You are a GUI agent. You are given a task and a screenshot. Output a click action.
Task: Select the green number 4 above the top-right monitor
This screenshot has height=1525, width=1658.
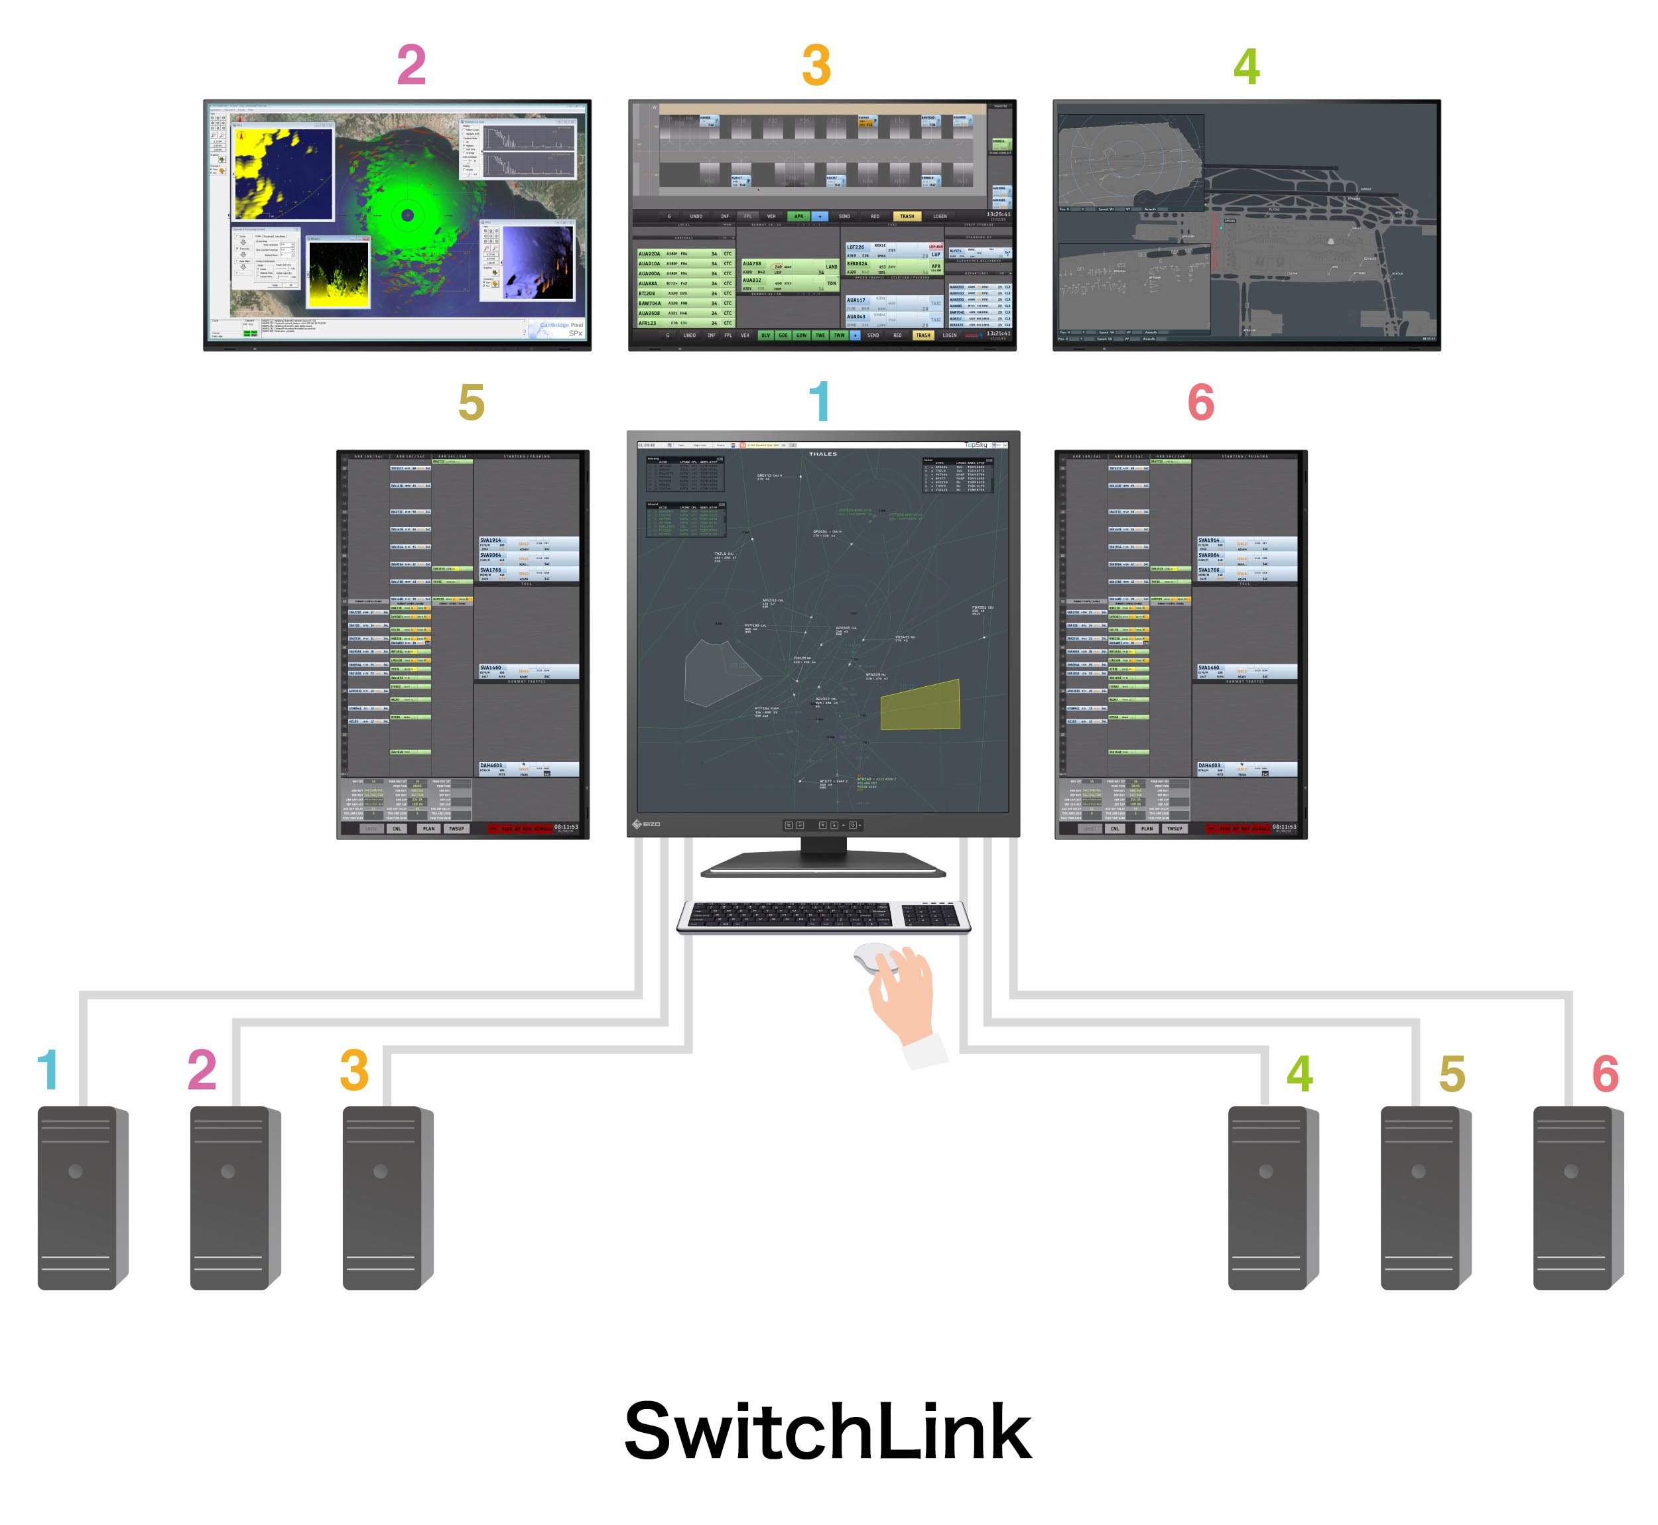(x=1246, y=67)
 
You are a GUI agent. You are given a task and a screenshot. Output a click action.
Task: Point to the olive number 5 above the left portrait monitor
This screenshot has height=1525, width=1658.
(x=472, y=402)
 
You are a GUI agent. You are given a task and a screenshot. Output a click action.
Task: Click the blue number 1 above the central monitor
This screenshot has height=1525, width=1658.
(x=818, y=402)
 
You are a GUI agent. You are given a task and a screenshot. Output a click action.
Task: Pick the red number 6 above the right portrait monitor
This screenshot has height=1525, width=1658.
(x=1201, y=402)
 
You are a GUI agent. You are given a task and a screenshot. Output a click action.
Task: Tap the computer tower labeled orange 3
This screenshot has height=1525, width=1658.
(x=386, y=1197)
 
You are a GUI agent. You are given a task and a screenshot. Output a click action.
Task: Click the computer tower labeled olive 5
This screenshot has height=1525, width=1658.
(x=1425, y=1197)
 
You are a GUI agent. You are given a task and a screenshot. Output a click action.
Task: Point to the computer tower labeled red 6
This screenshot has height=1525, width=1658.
(x=1577, y=1197)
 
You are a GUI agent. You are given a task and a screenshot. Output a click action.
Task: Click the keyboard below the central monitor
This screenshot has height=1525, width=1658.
(x=823, y=916)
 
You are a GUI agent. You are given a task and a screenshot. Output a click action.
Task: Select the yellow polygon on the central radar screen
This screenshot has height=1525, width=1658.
(x=921, y=705)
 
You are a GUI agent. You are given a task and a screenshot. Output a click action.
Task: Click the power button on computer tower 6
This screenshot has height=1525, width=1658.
(x=1570, y=1171)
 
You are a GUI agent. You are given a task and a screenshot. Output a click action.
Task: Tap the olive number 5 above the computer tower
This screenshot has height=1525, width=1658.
(x=1452, y=1073)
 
